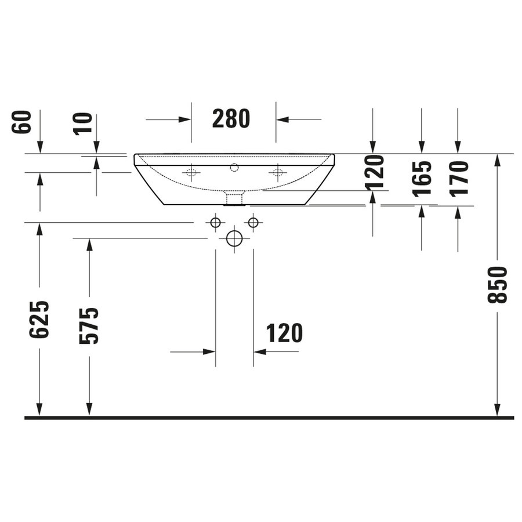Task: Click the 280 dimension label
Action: coord(231,118)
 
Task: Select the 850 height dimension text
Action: coord(497,285)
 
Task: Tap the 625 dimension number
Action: coord(39,320)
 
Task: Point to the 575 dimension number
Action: coord(89,326)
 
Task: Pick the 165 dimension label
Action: coord(422,179)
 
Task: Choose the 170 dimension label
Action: coord(458,179)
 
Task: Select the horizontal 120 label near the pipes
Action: coord(284,333)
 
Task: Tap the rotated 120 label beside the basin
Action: coord(375,172)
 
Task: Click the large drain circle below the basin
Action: coord(234,238)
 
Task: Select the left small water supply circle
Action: coord(215,222)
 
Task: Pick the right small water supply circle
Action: coord(253,222)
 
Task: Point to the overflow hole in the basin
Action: coord(234,168)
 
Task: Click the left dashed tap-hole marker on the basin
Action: coord(191,172)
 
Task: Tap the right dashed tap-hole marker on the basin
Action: coord(278,172)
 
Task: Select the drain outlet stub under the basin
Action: coord(234,199)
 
